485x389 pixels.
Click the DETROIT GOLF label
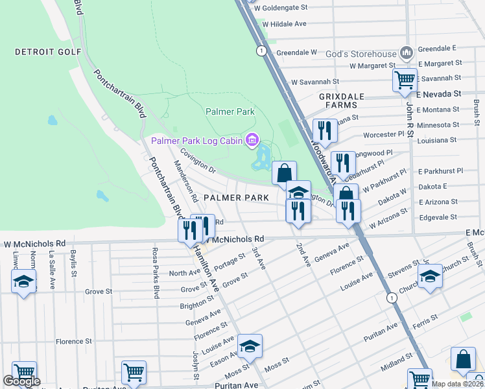pyautogui.click(x=48, y=52)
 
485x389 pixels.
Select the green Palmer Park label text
pyautogui.click(x=230, y=112)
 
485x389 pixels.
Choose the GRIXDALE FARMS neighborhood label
pyautogui.click(x=338, y=100)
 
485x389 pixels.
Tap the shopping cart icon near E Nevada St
pyautogui.click(x=405, y=80)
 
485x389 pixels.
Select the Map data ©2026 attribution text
pyautogui.click(x=456, y=384)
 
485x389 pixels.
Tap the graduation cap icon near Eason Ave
pyautogui.click(x=250, y=346)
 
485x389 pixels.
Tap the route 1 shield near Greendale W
pyautogui.click(x=260, y=51)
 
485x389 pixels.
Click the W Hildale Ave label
pyautogui.click(x=284, y=24)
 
